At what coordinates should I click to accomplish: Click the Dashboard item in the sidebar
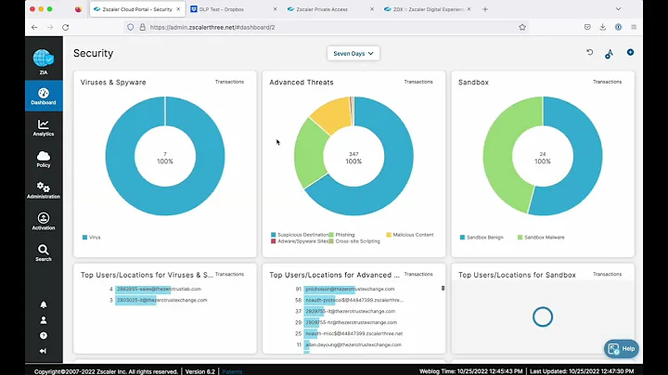pos(44,96)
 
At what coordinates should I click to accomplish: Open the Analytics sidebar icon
pos(44,127)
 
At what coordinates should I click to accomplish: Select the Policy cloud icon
pos(44,159)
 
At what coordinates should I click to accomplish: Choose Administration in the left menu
pos(44,190)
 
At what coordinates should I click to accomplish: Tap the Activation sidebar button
pos(44,221)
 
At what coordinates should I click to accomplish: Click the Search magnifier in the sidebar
pos(44,252)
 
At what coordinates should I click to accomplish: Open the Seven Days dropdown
pos(353,54)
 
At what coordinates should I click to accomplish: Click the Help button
pos(622,348)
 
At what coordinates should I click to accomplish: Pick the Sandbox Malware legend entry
pos(545,237)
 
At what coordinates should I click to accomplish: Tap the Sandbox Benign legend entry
pos(482,237)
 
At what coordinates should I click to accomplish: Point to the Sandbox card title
pos(476,83)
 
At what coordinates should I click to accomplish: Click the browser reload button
pos(65,27)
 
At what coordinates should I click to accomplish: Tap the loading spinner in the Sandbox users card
pos(543,317)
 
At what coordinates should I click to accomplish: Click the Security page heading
pos(94,54)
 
